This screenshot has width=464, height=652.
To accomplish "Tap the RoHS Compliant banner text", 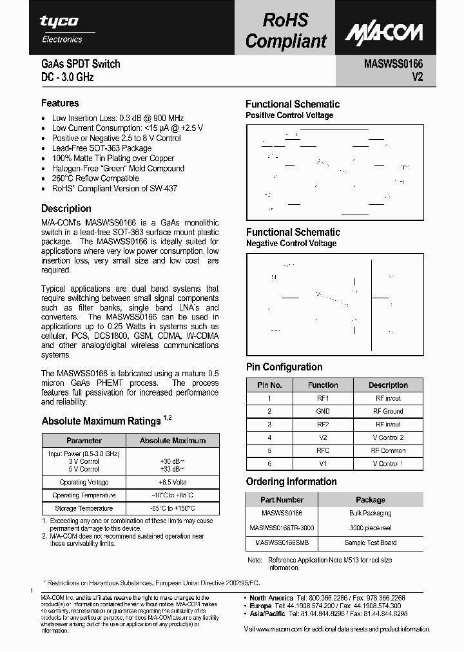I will [x=285, y=31].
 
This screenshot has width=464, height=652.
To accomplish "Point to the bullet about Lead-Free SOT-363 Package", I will [x=102, y=148].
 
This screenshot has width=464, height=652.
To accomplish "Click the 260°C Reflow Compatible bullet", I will [x=95, y=178].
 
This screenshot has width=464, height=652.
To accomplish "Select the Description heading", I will [x=66, y=209].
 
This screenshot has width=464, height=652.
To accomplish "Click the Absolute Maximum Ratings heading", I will [x=101, y=421].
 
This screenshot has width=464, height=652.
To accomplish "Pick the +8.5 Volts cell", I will [x=173, y=482].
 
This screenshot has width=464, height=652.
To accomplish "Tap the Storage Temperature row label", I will [x=84, y=509].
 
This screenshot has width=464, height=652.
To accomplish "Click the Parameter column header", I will [x=84, y=441].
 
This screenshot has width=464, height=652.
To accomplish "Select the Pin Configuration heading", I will [x=284, y=367].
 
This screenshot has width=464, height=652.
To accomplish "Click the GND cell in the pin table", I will [x=323, y=411].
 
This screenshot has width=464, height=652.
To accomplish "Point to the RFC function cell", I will [x=323, y=450].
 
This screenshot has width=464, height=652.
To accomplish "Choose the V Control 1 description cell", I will [x=388, y=464].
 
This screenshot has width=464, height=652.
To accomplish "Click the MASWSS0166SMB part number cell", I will [x=281, y=542].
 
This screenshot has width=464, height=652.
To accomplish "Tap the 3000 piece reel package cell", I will [x=371, y=528].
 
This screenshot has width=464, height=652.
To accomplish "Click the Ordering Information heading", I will [x=291, y=482].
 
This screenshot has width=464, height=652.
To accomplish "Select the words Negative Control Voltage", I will [x=291, y=244].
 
